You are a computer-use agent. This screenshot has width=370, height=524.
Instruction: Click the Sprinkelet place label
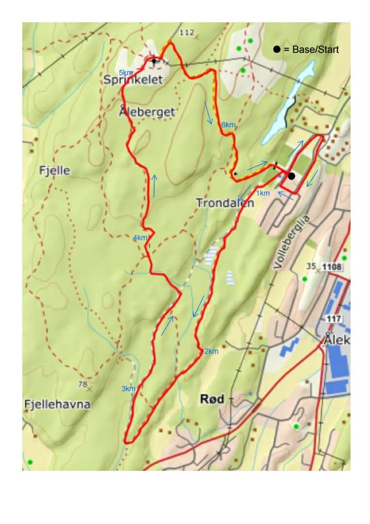pos(132,81)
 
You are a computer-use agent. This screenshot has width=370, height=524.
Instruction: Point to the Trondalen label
pos(225,203)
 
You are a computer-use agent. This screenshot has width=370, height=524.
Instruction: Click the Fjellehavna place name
pos(57,404)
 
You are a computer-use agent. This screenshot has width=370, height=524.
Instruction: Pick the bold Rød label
pos(212,399)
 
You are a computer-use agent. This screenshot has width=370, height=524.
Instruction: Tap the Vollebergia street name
pos(291,243)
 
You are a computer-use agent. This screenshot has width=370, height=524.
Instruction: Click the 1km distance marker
pos(262,193)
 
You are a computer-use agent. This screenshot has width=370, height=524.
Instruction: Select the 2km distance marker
pos(211,351)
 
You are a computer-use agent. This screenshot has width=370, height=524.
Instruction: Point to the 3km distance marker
pos(128,389)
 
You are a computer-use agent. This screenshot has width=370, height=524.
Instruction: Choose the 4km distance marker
pos(140,238)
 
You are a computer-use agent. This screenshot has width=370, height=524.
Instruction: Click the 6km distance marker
pos(228,125)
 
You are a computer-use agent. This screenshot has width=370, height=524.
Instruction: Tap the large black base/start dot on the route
pos(291,176)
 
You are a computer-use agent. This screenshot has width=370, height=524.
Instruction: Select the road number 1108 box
pos(332,267)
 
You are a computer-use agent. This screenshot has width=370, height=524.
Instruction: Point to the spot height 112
pos(186,33)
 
